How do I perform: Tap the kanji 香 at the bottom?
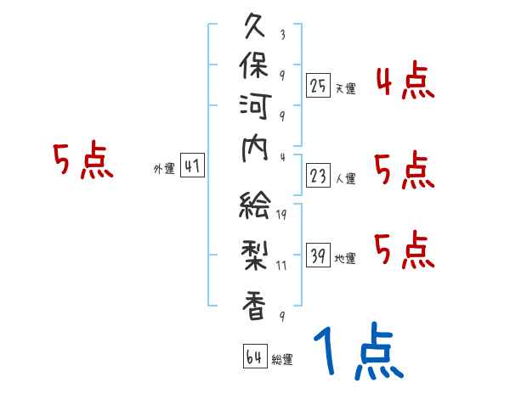(x=256, y=305)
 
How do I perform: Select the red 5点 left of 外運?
(x=82, y=161)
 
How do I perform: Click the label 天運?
(x=346, y=88)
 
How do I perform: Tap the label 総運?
(x=282, y=360)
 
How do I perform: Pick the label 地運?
(x=346, y=259)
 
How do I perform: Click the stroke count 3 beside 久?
(x=281, y=36)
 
